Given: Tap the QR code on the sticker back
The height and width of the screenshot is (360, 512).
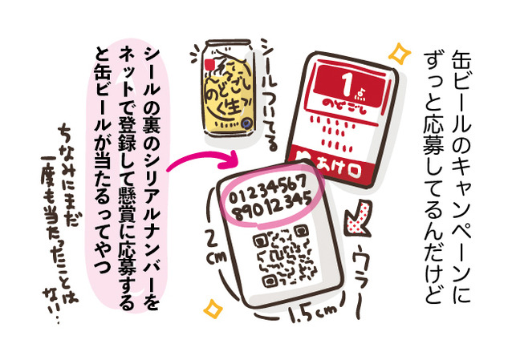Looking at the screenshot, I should click(x=280, y=256).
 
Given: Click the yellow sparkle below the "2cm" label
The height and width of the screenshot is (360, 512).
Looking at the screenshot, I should click(x=213, y=308).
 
